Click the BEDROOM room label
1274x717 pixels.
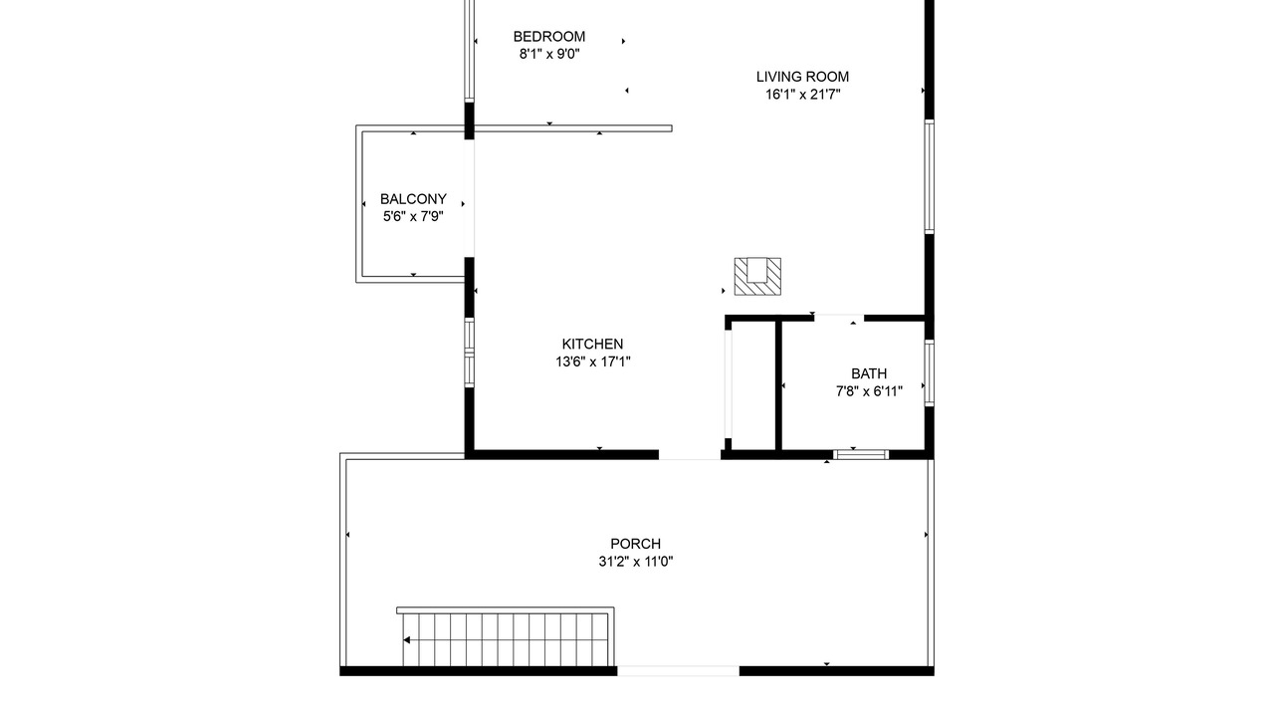[548, 37]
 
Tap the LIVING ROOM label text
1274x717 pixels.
[802, 77]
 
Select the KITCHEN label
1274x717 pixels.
[592, 344]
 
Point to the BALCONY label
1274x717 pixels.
[413, 199]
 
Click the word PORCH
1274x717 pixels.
[635, 544]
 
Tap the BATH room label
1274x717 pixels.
[869, 373]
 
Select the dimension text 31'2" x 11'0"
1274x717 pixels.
[636, 562]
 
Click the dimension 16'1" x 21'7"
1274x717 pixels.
[802, 95]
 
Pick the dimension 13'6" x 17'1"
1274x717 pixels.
[592, 361]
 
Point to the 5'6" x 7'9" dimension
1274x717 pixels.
[413, 217]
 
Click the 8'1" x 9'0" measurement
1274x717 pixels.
[549, 54]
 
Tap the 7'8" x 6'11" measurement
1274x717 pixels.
[869, 391]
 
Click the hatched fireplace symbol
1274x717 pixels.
[757, 277]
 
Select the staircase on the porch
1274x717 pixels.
[505, 636]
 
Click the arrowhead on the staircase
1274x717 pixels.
[407, 640]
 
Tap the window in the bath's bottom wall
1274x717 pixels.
[861, 454]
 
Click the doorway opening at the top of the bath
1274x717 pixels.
[839, 318]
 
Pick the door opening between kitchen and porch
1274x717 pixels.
[690, 455]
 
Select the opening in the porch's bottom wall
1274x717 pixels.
[679, 671]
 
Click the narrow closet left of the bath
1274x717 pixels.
[753, 385]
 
